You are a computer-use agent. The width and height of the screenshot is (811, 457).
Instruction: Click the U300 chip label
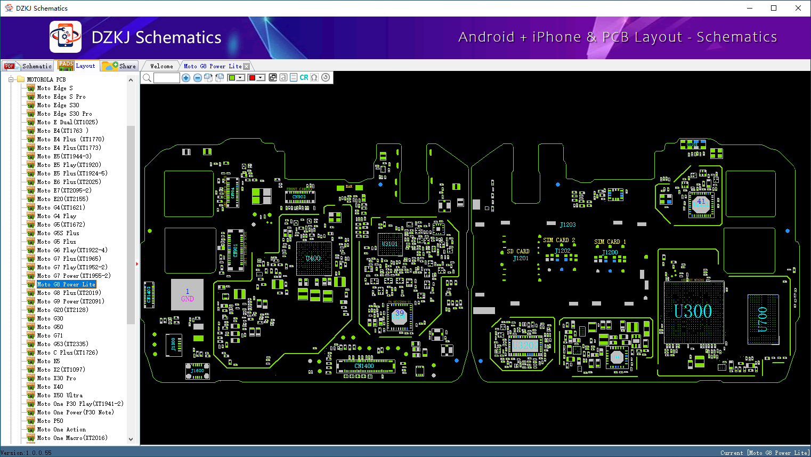click(x=693, y=311)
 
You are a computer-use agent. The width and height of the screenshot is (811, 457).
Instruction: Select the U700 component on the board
click(x=763, y=319)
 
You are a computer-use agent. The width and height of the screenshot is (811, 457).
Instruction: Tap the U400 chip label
click(x=313, y=259)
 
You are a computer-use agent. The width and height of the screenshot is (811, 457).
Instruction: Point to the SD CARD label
click(x=518, y=251)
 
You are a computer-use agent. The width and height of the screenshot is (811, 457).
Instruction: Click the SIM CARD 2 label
click(x=559, y=240)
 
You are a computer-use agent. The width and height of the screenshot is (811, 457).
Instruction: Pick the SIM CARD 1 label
click(x=610, y=242)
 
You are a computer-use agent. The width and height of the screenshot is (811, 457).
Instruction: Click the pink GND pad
click(x=187, y=295)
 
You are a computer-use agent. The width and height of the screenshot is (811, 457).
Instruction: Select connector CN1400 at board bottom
click(x=364, y=366)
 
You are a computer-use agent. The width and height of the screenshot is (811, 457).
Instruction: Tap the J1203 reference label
click(x=567, y=225)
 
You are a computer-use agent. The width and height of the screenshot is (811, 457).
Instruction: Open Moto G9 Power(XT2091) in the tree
click(x=70, y=301)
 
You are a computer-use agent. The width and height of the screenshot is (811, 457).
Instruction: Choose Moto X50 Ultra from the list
click(x=60, y=395)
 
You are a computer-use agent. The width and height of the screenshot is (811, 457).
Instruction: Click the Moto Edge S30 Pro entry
click(x=64, y=114)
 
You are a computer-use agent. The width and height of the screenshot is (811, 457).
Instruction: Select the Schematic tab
click(x=28, y=66)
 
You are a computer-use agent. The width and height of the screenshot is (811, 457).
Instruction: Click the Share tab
click(x=120, y=66)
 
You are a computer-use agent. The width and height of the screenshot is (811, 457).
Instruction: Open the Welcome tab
click(x=161, y=66)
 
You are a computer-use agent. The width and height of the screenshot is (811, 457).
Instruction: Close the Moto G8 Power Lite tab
click(x=246, y=67)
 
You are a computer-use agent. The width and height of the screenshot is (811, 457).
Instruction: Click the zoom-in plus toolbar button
click(x=186, y=78)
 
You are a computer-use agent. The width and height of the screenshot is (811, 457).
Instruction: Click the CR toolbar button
click(x=304, y=78)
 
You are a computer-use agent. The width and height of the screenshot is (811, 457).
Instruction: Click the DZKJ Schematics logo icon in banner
click(x=66, y=37)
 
